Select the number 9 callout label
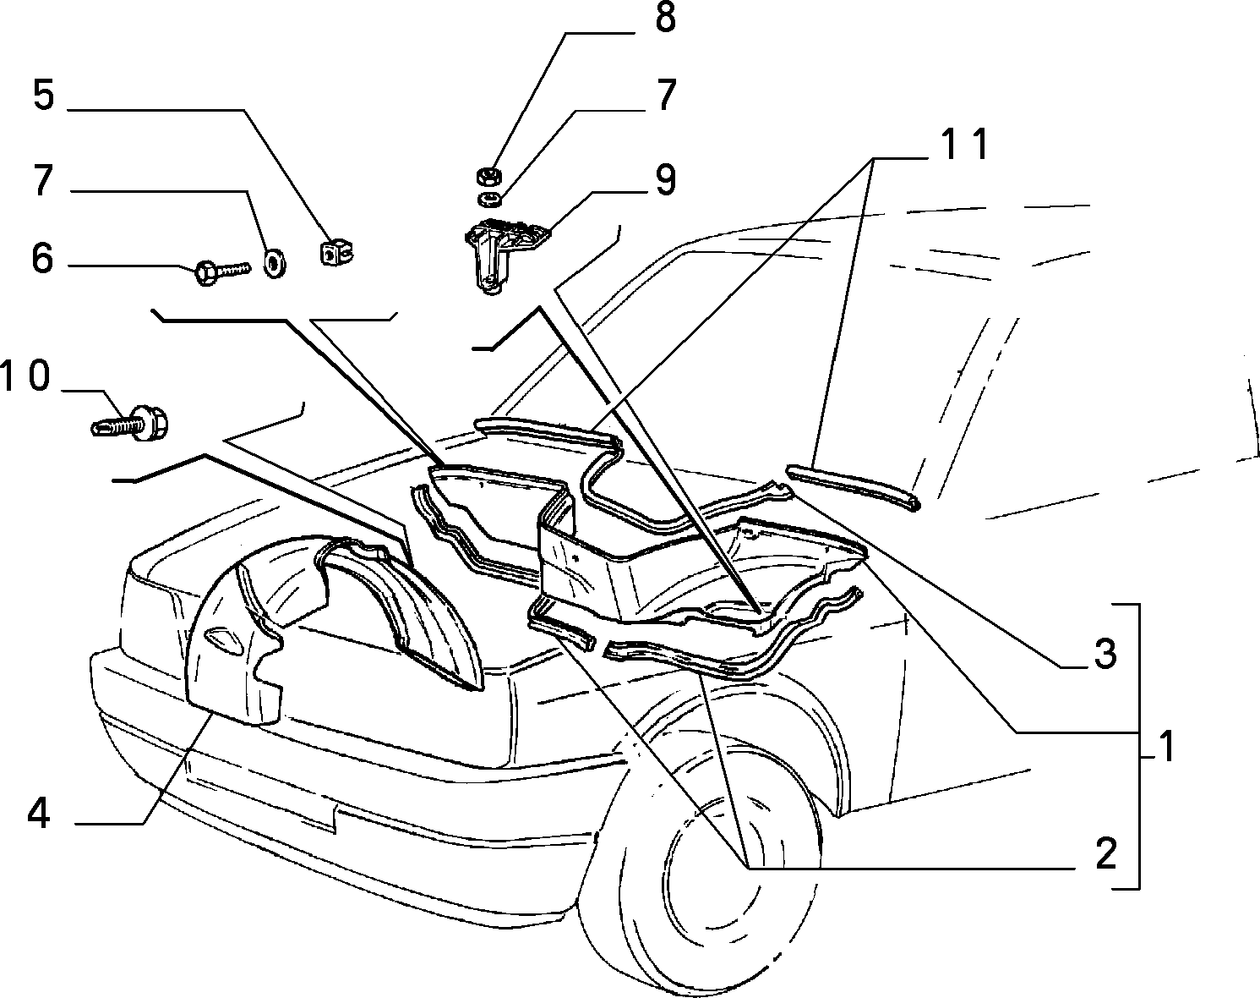[666, 179]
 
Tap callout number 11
[963, 144]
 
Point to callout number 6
[43, 258]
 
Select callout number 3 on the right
[1105, 654]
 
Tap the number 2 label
[1105, 854]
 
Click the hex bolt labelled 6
[222, 272]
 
